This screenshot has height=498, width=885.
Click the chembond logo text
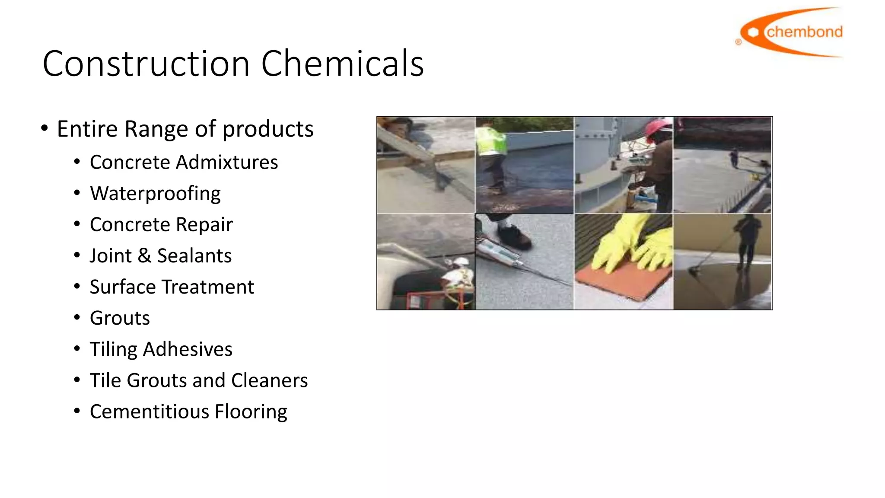tap(804, 32)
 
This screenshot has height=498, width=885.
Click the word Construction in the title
tap(146, 64)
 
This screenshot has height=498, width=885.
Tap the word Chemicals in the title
tap(342, 64)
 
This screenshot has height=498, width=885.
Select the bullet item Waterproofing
tap(155, 193)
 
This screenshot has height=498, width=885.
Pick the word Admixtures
tap(227, 162)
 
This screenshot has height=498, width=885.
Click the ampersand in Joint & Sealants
tap(144, 255)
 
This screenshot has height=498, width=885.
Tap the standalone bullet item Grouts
tap(120, 318)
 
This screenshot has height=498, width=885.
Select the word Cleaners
tap(269, 380)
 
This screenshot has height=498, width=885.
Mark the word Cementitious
tap(149, 412)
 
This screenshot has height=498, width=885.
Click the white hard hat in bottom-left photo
tap(460, 261)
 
